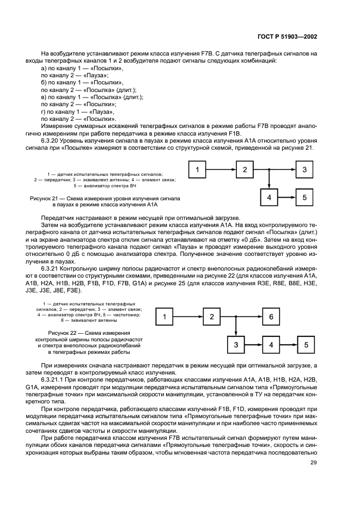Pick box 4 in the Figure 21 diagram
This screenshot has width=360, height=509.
tap(269, 198)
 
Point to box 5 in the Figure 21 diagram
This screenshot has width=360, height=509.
tap(304, 198)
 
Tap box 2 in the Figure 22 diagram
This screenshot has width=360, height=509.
tap(212, 316)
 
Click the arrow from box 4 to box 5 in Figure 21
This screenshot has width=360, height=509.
tap(286, 198)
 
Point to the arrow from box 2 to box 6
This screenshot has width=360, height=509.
tap(241, 316)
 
